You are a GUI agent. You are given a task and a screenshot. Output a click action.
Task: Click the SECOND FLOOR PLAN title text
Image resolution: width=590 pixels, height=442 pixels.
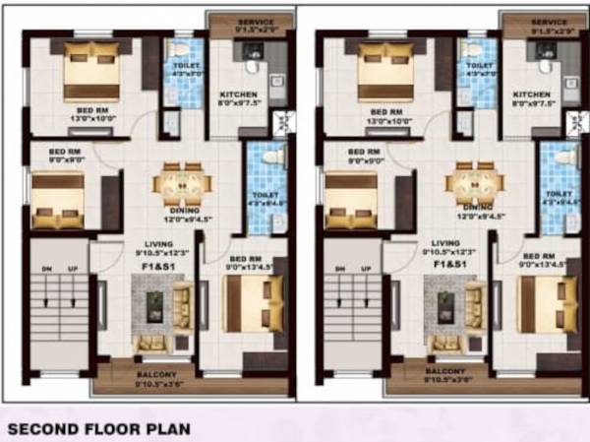[98, 429]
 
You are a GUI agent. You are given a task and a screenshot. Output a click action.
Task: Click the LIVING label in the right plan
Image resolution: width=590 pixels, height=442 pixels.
[445, 242]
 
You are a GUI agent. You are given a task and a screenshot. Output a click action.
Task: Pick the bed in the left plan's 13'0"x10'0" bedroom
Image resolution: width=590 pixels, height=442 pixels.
[91, 71]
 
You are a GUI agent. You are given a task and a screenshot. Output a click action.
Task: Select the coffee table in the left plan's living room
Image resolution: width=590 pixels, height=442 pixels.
[157, 305]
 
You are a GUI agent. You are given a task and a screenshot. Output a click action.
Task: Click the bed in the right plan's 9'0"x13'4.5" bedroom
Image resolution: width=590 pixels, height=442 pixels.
[547, 301]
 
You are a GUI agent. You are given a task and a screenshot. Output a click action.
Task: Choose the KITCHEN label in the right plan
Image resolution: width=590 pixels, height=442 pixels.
[529, 94]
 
